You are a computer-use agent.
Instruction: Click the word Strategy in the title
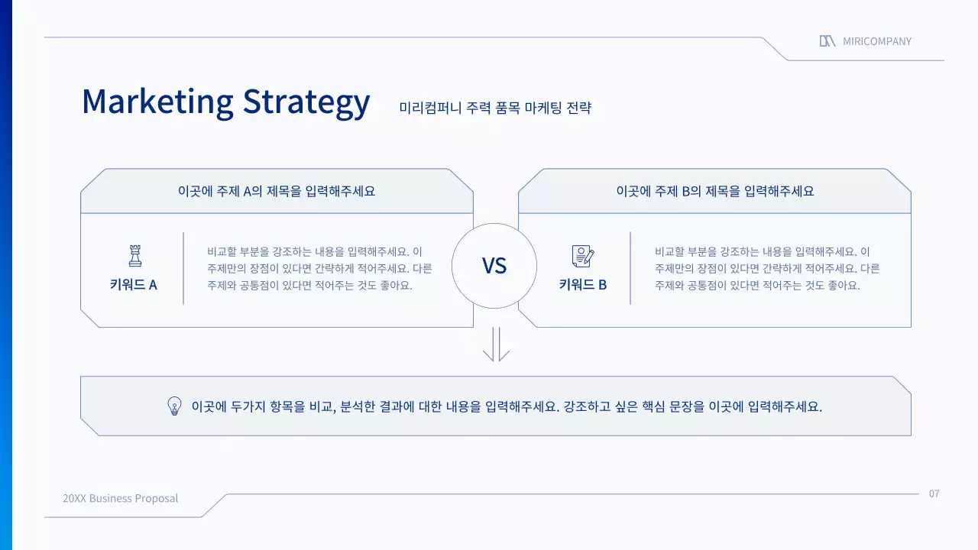[x=306, y=102]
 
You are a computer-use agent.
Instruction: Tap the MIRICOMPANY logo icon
[x=827, y=41]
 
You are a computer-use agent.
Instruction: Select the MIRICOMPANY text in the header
[x=877, y=41]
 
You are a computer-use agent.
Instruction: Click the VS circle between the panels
[x=494, y=266]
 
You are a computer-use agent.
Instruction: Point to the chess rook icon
[x=134, y=255]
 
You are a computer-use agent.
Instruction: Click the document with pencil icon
[x=582, y=255]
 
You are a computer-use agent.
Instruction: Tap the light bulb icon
[x=174, y=406]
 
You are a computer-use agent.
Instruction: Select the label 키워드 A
[x=134, y=285]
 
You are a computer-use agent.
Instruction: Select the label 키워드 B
[x=582, y=285]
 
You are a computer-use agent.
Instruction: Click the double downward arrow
[x=496, y=345]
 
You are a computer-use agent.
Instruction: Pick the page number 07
[x=934, y=493]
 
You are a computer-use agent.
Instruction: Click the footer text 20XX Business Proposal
[x=121, y=498]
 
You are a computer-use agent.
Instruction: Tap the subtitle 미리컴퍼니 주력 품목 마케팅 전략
[x=495, y=108]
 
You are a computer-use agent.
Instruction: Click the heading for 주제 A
[x=277, y=191]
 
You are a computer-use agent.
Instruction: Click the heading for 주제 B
[x=715, y=191]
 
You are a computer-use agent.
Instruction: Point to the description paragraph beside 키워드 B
[x=767, y=268]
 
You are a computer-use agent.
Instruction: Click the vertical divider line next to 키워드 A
[x=183, y=268]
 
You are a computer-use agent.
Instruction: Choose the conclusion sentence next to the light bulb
[x=507, y=406]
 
